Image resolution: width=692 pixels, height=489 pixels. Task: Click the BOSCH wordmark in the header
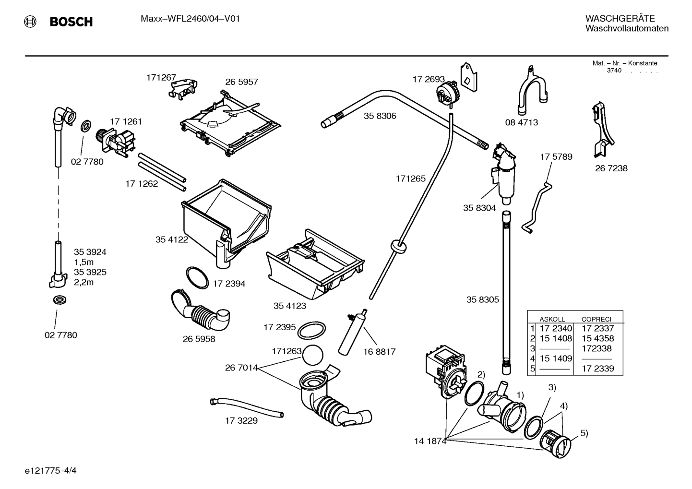pyautogui.click(x=71, y=22)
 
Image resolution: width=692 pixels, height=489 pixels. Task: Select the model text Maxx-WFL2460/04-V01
pyautogui.click(x=191, y=19)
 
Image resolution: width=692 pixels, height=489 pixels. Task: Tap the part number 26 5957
pyautogui.click(x=241, y=82)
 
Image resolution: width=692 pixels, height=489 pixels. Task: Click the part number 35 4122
pyautogui.click(x=172, y=240)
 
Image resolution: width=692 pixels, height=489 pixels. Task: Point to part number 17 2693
pyautogui.click(x=429, y=79)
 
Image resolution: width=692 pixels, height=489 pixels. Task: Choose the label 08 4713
pyautogui.click(x=522, y=123)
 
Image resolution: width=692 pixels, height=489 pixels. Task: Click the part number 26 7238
pyautogui.click(x=611, y=168)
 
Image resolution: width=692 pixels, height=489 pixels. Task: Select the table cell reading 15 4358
pyautogui.click(x=598, y=338)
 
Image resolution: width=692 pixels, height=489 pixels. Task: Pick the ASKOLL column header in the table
pyautogui.click(x=552, y=319)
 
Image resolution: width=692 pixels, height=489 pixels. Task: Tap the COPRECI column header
pyautogui.click(x=597, y=319)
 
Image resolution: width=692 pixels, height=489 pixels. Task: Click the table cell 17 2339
pyautogui.click(x=598, y=369)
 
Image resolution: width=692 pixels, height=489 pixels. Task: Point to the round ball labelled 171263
pyautogui.click(x=312, y=355)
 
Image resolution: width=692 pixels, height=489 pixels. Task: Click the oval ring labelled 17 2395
pyautogui.click(x=312, y=331)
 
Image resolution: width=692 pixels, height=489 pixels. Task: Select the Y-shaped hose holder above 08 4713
pyautogui.click(x=532, y=90)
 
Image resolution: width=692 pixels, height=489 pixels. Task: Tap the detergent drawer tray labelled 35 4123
pyautogui.click(x=315, y=264)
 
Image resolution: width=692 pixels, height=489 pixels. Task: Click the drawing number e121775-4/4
pyautogui.click(x=51, y=471)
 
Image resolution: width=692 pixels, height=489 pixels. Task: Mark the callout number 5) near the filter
pyautogui.click(x=584, y=433)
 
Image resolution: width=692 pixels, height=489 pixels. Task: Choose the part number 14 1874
pyautogui.click(x=430, y=441)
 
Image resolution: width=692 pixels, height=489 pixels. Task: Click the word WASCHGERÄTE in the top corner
pyautogui.click(x=620, y=18)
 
